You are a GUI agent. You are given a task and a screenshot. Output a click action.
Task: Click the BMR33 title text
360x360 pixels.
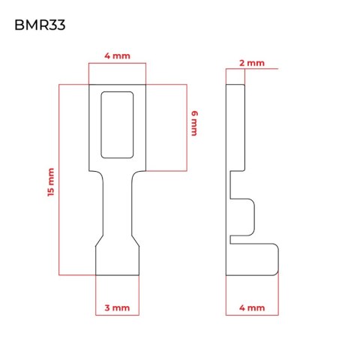(40, 25)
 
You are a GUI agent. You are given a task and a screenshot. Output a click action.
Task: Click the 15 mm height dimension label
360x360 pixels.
(51, 182)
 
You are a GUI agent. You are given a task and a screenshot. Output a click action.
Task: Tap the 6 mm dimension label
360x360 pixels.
(194, 123)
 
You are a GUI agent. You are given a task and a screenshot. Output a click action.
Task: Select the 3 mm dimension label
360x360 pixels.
(117, 307)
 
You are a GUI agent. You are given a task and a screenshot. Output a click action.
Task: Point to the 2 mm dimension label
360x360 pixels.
(252, 63)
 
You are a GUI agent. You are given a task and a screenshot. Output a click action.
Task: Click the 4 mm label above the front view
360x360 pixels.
(117, 55)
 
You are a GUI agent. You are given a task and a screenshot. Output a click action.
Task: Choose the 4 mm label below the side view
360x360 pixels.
(252, 307)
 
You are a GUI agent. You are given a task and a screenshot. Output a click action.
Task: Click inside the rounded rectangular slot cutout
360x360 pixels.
(117, 124)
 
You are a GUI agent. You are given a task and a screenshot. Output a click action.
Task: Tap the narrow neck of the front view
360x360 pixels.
(117, 205)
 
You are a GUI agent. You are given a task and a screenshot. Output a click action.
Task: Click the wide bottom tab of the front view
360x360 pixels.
(117, 261)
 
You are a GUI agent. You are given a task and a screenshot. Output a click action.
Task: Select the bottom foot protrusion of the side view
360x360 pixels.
(253, 259)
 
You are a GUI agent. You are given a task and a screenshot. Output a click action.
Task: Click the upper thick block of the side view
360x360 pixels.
(235, 127)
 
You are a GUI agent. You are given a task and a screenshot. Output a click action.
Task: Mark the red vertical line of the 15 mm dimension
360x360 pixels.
(59, 180)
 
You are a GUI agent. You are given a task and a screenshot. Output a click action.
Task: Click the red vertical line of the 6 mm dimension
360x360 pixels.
(187, 127)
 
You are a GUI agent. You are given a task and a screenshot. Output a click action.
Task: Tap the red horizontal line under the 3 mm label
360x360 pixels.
(117, 315)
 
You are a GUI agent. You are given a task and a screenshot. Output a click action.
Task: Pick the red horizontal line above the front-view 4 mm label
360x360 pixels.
(117, 63)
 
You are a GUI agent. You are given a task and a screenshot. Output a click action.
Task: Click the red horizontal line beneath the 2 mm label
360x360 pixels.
(252, 68)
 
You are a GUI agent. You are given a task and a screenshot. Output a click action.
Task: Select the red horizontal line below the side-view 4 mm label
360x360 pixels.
(252, 315)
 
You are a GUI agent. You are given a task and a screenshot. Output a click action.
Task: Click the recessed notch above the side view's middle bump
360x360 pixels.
(238, 185)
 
